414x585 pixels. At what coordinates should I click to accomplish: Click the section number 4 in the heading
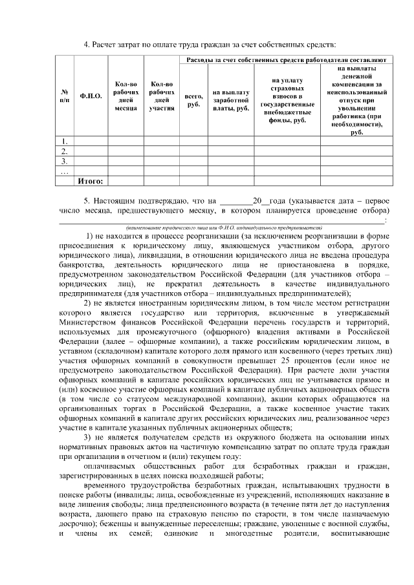87,44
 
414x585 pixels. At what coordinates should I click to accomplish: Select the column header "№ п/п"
64,96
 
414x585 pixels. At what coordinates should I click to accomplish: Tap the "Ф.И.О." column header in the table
91,96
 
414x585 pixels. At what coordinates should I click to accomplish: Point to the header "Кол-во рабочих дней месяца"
125,96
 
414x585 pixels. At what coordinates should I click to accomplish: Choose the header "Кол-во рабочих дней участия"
160,96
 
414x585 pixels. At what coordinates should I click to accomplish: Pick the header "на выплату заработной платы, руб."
231,100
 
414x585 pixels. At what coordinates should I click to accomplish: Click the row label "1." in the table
64,141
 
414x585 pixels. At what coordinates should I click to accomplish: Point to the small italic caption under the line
224,228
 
